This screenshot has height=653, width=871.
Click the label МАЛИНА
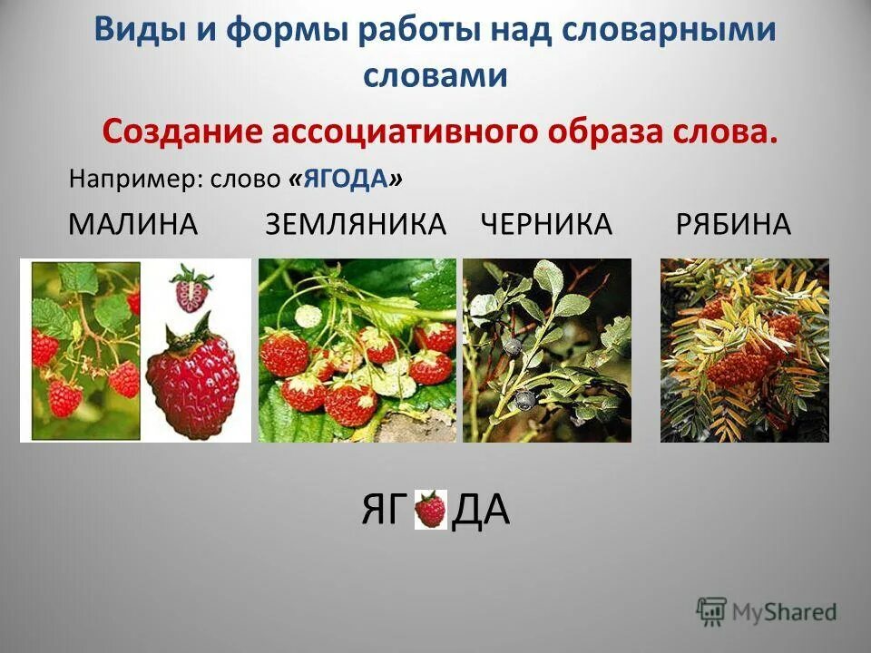coord(132,225)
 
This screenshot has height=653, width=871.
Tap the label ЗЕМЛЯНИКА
coord(356,225)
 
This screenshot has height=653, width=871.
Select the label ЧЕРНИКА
coord(545,225)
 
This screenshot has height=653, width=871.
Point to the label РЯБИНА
coord(733,225)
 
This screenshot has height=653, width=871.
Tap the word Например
coord(136,180)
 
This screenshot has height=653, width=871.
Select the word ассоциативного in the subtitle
coord(403,132)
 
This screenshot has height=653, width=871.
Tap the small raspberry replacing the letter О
coord(431,511)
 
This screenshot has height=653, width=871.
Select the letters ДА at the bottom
coord(481,512)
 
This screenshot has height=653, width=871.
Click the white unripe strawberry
coord(310,317)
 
